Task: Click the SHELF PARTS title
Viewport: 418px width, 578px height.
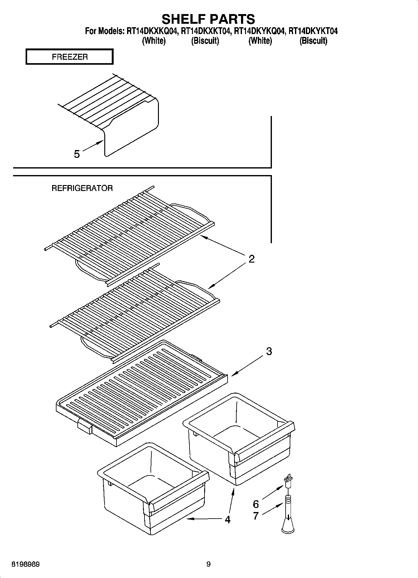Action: pyautogui.click(x=208, y=19)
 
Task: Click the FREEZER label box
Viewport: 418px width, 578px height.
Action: pyautogui.click(x=70, y=57)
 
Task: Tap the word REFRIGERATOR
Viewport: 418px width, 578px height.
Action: pyautogui.click(x=82, y=188)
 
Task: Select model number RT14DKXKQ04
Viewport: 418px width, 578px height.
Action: pyautogui.click(x=152, y=31)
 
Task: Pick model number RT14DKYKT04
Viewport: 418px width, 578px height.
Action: pyautogui.click(x=313, y=31)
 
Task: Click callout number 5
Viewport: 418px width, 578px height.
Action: pyautogui.click(x=77, y=154)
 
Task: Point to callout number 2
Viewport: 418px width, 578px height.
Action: pyautogui.click(x=251, y=259)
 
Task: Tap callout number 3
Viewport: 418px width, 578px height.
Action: pyautogui.click(x=269, y=351)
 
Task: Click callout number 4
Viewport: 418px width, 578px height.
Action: pyautogui.click(x=228, y=520)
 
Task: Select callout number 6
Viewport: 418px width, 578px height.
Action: pyautogui.click(x=256, y=504)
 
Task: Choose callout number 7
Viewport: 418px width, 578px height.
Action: pyautogui.click(x=256, y=516)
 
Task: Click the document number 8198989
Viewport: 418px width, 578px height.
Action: pyautogui.click(x=25, y=565)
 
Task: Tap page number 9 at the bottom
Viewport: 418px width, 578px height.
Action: pyautogui.click(x=209, y=565)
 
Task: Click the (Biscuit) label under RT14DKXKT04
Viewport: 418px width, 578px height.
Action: pyautogui.click(x=205, y=41)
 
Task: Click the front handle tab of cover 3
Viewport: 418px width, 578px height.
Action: pyautogui.click(x=84, y=426)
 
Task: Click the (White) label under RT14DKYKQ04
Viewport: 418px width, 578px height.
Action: pyautogui.click(x=260, y=41)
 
